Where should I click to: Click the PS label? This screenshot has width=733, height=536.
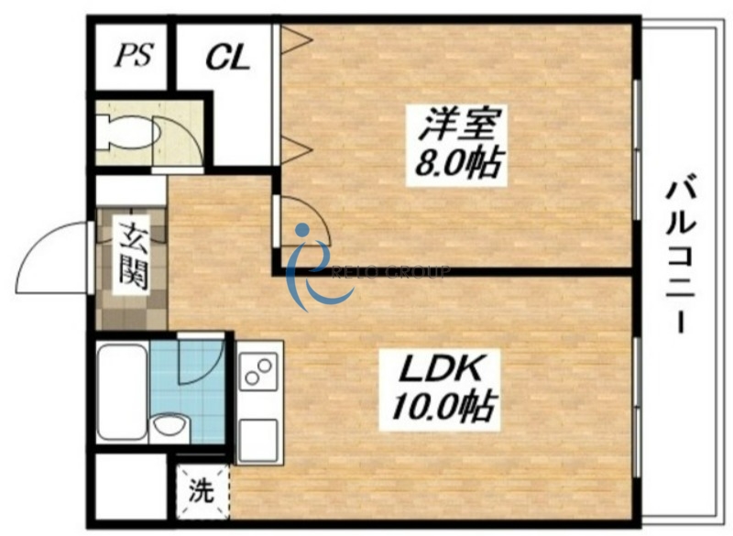pos(133,56)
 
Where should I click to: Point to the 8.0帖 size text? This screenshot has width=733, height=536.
pos(454,164)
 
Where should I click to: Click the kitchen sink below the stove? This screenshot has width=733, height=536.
pos(259,435)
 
